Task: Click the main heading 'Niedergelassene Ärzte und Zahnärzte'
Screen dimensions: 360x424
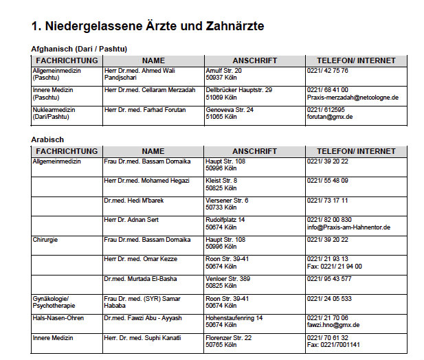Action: click(x=148, y=26)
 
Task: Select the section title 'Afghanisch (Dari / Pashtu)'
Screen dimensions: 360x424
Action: click(x=80, y=49)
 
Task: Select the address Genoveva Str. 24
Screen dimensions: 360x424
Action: click(x=230, y=109)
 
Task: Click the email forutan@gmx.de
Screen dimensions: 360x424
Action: click(x=330, y=117)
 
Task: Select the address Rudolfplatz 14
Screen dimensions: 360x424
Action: click(x=225, y=220)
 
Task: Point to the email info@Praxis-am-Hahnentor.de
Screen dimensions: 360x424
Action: click(x=348, y=227)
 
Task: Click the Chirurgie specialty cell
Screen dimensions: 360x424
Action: click(x=45, y=240)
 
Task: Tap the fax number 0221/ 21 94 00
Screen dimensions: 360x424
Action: click(x=335, y=267)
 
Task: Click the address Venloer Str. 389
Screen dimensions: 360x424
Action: click(x=228, y=279)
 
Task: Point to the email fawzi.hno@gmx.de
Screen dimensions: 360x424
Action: click(x=333, y=325)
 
